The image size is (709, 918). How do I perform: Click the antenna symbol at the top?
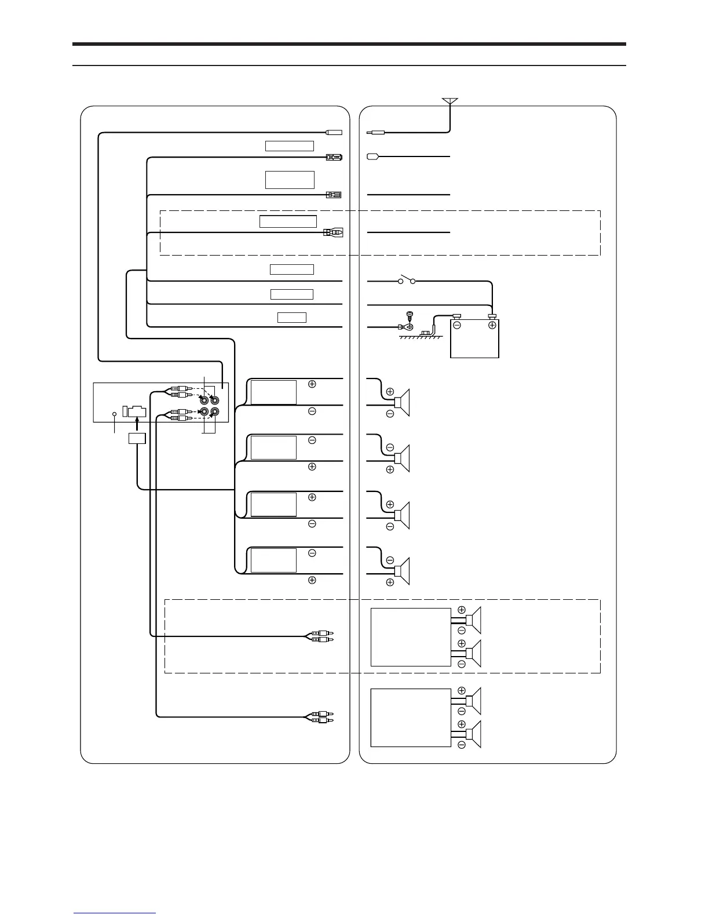450,102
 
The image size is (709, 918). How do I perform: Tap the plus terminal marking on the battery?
492,325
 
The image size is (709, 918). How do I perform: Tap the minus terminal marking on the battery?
457,325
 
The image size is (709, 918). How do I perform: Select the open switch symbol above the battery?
406,282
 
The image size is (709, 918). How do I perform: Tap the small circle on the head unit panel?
114,414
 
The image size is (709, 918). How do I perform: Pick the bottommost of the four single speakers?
403,570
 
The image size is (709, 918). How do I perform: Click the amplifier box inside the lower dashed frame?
411,637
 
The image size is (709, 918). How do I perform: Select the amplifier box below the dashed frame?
411,717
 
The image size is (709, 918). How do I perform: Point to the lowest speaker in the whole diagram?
474,734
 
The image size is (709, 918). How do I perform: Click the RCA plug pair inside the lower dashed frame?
320,637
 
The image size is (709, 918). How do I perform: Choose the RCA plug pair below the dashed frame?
320,717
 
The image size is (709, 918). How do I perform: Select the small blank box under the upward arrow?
137,438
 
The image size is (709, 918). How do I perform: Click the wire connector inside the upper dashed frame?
333,233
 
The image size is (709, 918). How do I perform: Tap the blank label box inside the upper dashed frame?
288,221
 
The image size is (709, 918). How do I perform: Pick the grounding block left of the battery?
427,333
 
